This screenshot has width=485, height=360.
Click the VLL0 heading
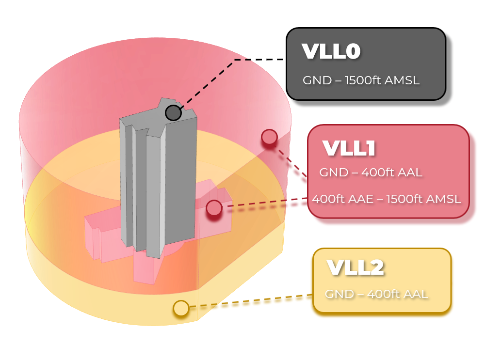tap(331, 51)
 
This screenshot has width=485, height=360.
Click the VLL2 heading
tap(355, 267)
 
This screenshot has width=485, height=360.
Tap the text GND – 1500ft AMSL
tap(361, 80)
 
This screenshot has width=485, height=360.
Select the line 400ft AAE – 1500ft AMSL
tap(387, 199)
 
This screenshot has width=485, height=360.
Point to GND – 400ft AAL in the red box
tap(371, 172)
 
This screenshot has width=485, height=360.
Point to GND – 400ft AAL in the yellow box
tap(376, 294)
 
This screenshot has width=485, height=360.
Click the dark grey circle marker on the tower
tap(173, 113)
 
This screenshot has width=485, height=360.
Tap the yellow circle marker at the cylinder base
tap(181, 308)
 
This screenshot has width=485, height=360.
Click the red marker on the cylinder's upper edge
tap(269, 137)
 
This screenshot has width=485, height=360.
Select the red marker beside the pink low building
tap(214, 208)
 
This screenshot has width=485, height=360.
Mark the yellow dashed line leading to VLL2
tap(251, 301)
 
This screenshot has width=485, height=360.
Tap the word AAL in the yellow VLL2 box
tap(415, 294)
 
